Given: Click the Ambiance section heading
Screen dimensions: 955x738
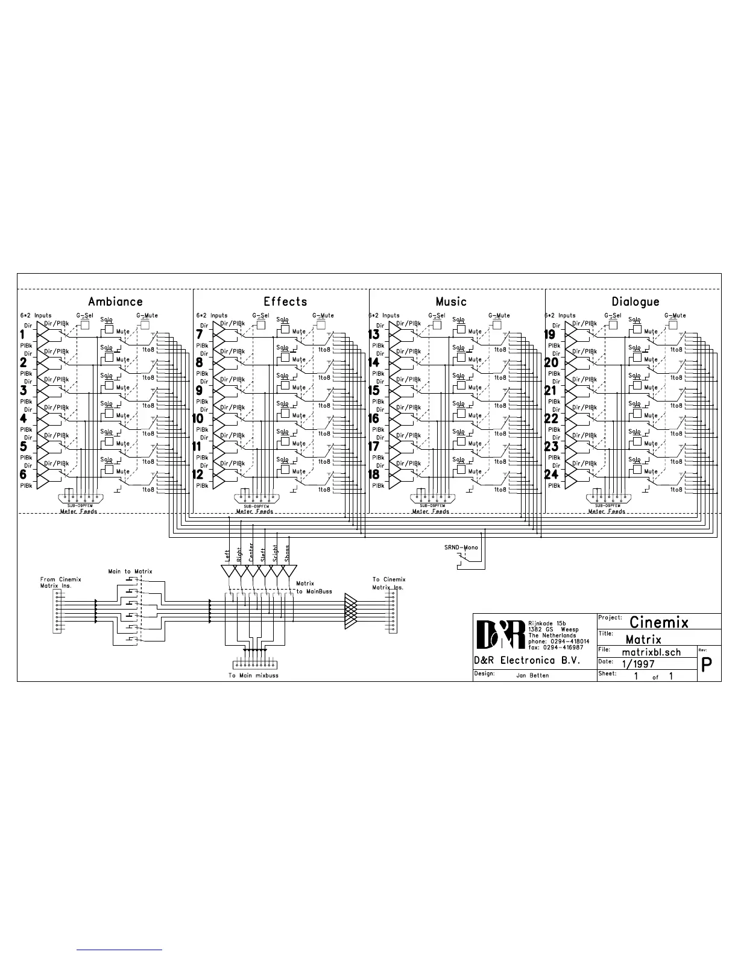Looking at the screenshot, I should tap(115, 301).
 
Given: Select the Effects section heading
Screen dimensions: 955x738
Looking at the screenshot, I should tap(285, 301).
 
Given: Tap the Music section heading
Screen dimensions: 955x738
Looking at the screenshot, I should tap(451, 301).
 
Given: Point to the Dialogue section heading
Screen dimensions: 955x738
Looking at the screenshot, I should tap(635, 301).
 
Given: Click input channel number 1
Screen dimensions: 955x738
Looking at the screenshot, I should tap(23, 335).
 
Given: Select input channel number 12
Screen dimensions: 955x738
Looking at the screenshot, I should tap(198, 474).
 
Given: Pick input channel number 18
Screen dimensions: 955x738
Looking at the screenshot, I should tap(374, 474).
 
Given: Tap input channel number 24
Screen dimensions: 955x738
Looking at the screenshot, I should tap(551, 474).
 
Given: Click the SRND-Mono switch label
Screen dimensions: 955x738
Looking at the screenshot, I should tap(461, 547).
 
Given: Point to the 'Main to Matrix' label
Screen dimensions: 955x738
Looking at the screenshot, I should tap(130, 571).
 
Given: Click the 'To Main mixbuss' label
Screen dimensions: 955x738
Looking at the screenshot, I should tap(253, 675).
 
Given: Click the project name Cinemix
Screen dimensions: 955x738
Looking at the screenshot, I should tap(658, 622).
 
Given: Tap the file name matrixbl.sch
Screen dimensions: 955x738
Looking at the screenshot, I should tap(651, 652).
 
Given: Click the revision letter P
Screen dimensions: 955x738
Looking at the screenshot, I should tap(708, 664).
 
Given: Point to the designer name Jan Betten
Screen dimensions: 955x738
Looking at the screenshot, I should tap(532, 675).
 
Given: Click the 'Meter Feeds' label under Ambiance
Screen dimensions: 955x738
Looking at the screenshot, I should tap(78, 511).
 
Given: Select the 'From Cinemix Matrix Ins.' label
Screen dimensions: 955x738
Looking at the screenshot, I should tap(60, 583).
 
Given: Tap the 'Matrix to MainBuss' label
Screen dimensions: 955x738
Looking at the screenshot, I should tap(314, 587).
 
